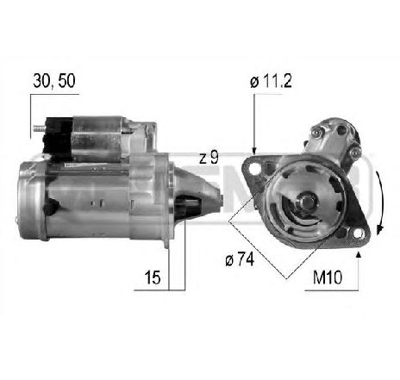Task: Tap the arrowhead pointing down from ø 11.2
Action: (x=254, y=146)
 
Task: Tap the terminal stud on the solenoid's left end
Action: (x=39, y=132)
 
